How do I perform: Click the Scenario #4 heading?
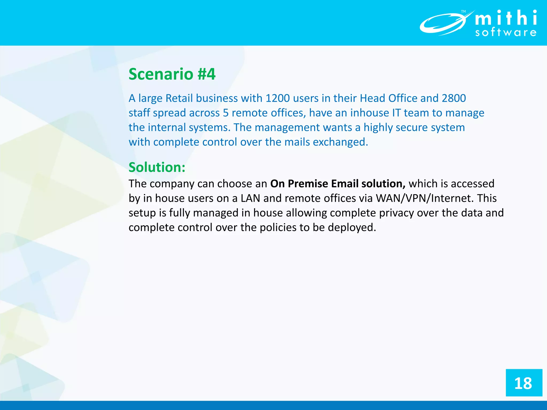pyautogui.click(x=172, y=74)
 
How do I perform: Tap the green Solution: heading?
pyautogui.click(x=157, y=167)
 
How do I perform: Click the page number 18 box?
pyautogui.click(x=524, y=383)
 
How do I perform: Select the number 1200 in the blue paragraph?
pyautogui.click(x=278, y=98)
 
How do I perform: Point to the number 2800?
pyautogui.click(x=454, y=98)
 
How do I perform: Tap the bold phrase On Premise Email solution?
pyautogui.click(x=338, y=184)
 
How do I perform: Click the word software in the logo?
pyautogui.click(x=506, y=33)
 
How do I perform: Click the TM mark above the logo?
pyautogui.click(x=463, y=11)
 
